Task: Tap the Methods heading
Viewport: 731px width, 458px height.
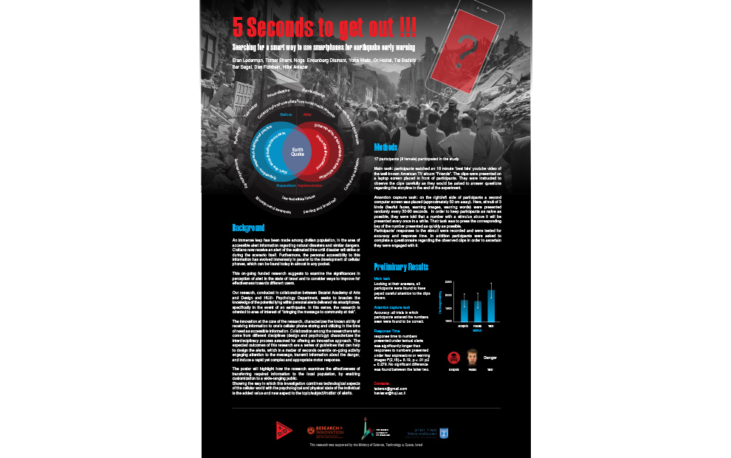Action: [x=386, y=147]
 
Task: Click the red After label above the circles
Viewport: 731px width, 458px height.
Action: [x=307, y=115]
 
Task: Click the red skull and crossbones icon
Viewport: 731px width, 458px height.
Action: [x=453, y=358]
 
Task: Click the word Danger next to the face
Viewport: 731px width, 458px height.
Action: [x=491, y=358]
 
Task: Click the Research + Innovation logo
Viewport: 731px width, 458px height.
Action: [x=326, y=430]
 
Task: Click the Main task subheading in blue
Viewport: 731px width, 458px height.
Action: [x=382, y=278]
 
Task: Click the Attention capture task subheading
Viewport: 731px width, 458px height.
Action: [x=392, y=307]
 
